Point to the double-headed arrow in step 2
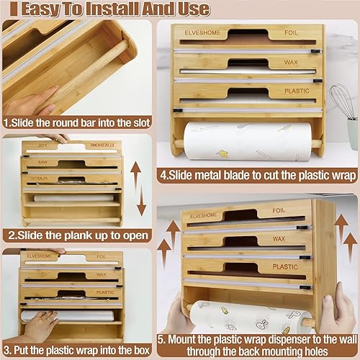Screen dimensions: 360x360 click(x=141, y=189)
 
